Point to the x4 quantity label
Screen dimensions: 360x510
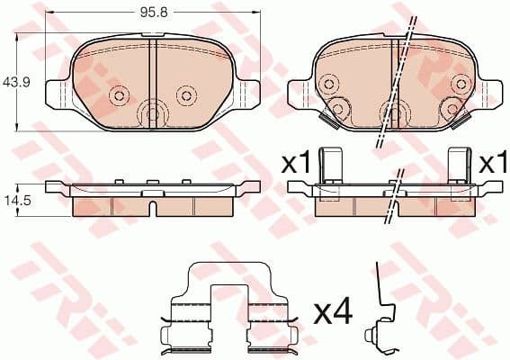(331, 312)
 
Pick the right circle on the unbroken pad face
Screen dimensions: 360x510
(185, 94)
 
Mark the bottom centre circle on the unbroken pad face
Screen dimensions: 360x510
(152, 114)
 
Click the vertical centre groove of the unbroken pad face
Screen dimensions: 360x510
(153, 72)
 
